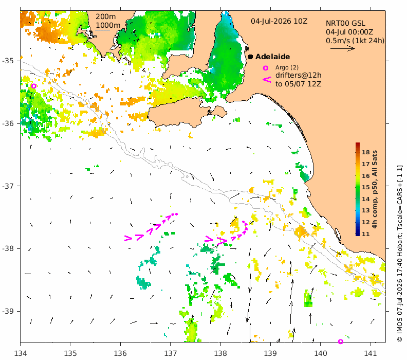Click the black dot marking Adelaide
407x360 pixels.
[x=250, y=57]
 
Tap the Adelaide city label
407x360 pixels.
[x=272, y=57]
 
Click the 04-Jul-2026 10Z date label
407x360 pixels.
[x=279, y=21]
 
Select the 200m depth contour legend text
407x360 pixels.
[x=106, y=16]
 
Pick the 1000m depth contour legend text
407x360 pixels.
[x=108, y=25]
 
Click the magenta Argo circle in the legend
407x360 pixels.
[x=265, y=68]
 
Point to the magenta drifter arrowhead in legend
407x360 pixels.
[x=267, y=80]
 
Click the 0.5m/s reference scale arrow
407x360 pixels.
[x=343, y=48]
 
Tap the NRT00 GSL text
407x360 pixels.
[x=345, y=23]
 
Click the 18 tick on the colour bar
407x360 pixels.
[x=366, y=152]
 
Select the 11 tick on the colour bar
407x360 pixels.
[x=366, y=234]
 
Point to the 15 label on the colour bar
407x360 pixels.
[x=366, y=187]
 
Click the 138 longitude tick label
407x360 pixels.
[x=220, y=353]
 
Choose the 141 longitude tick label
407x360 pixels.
[x=371, y=353]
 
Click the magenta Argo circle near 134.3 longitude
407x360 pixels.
[x=33, y=86]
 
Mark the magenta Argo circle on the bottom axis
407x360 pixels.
[x=341, y=341]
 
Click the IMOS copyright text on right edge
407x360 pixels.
[x=400, y=254]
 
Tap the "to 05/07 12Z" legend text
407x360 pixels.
[x=298, y=84]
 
